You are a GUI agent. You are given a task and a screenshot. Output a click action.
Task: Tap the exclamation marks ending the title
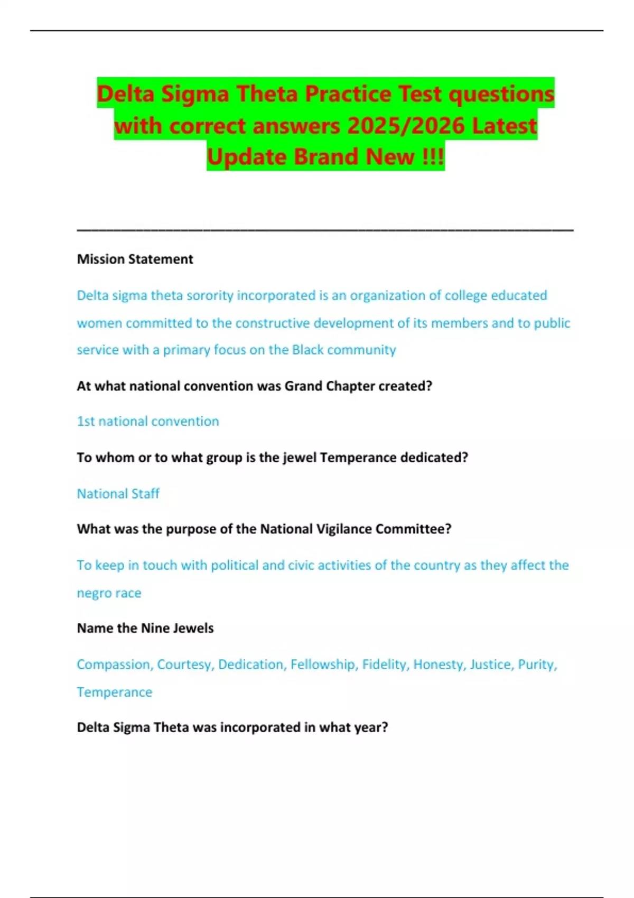pos(434,157)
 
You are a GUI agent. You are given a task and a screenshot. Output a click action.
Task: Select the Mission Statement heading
pos(135,259)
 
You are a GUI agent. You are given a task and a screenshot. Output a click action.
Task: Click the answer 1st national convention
pos(148,421)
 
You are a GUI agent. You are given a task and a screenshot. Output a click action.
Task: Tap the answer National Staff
pos(118,493)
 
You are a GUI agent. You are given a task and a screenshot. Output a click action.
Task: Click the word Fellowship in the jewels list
pos(323,664)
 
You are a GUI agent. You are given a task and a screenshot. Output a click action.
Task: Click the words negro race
pos(109,593)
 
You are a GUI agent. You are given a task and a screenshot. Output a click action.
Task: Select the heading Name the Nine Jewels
pos(145,628)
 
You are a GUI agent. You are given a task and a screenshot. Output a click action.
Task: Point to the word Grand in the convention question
pos(303,386)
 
